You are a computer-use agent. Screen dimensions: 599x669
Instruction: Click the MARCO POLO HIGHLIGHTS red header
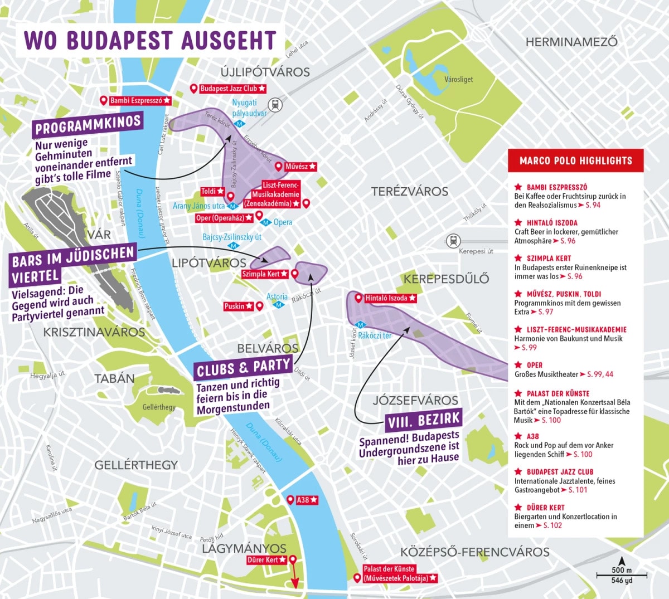click(575, 160)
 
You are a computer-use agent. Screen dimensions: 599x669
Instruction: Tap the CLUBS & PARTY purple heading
click(244, 368)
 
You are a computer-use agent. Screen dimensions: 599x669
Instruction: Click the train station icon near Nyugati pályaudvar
click(275, 105)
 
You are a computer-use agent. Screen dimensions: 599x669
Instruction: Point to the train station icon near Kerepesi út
click(453, 241)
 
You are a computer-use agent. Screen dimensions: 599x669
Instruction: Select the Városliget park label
click(458, 79)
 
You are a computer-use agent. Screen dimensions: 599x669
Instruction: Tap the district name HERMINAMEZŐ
click(571, 42)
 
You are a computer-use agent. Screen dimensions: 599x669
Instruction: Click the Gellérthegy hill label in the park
click(159, 407)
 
